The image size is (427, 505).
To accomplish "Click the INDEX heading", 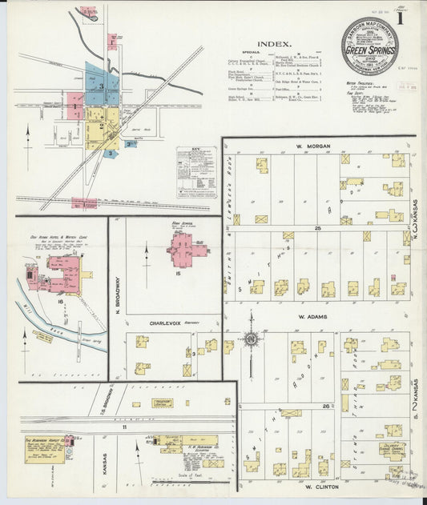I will (275, 45).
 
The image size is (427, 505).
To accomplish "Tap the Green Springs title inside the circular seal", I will (369, 50).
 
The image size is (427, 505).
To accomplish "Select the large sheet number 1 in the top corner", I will (411, 19).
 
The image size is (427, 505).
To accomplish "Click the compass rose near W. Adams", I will (252, 339).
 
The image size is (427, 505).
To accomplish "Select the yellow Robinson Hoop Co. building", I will (45, 451).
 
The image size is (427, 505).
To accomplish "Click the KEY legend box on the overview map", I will (195, 171).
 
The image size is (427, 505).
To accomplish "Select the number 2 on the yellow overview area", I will (102, 126).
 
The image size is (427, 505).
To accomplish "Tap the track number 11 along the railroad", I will (124, 428).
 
